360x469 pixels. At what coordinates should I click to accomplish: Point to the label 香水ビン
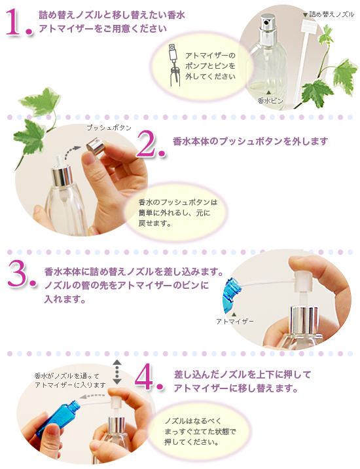[x=268, y=100]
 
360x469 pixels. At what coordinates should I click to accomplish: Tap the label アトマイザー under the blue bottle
[x=234, y=321]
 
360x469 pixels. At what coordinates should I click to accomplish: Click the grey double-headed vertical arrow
[x=117, y=371]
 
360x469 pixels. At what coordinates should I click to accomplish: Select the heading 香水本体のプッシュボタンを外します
[x=249, y=141]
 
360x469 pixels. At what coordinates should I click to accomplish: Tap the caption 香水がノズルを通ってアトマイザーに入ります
[x=69, y=380]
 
